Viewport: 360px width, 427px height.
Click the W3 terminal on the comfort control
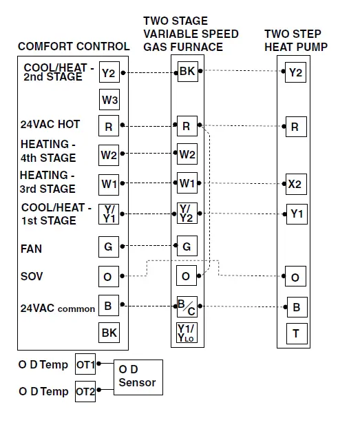(109, 100)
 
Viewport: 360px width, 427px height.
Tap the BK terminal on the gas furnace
(187, 72)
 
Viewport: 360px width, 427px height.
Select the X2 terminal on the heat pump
(295, 184)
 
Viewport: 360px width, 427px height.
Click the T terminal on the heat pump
(295, 334)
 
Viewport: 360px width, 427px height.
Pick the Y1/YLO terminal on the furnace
(187, 333)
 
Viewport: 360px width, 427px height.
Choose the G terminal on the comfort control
(109, 247)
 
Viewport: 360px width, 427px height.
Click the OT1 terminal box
(85, 363)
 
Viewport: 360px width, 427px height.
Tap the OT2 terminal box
(85, 392)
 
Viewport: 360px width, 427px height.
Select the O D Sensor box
(138, 376)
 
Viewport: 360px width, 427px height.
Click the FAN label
(31, 249)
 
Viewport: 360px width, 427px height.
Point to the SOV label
(32, 276)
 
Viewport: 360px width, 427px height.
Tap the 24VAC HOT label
(50, 125)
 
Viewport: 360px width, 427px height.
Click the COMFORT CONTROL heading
(74, 47)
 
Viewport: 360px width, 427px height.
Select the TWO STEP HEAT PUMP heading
(296, 40)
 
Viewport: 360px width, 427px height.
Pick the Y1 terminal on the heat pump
(296, 213)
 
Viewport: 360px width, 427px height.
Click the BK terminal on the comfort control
(109, 333)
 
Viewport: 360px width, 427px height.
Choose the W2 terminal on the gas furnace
(187, 155)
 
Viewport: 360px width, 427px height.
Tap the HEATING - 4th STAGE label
(48, 152)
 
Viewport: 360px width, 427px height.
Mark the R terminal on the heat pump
(295, 127)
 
